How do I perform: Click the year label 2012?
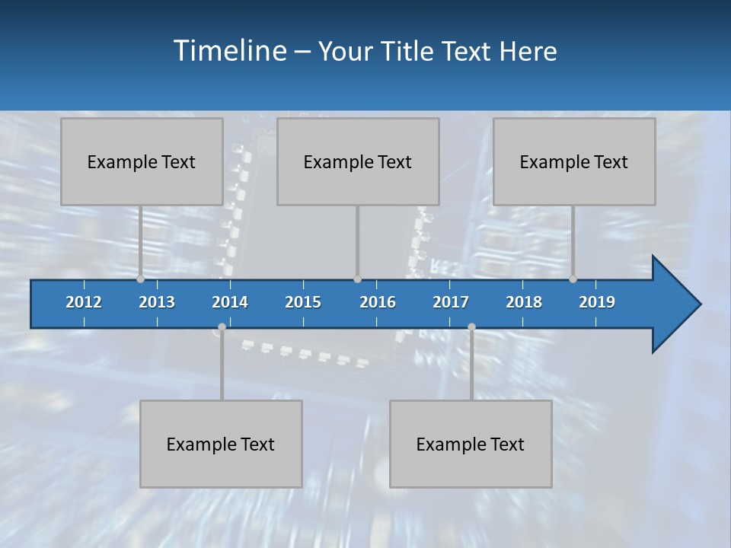(84, 302)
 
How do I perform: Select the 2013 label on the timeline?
(157, 302)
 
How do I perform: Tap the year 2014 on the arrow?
(230, 302)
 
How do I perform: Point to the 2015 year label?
(303, 302)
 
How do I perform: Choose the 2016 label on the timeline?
(378, 302)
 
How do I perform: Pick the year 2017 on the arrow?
(451, 302)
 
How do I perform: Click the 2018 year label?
(524, 302)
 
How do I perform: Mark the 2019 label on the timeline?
(597, 302)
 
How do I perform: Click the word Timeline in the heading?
(229, 51)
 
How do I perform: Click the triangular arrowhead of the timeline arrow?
(674, 304)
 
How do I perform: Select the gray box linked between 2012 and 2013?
(142, 161)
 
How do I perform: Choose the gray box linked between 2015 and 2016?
(358, 161)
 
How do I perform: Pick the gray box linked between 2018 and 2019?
(574, 161)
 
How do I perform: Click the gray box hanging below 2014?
(221, 444)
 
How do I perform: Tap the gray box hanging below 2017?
(471, 444)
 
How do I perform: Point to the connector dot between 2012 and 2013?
(140, 279)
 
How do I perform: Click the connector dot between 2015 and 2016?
(357, 279)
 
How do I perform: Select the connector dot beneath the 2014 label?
(222, 327)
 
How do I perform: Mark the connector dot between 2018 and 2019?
(573, 279)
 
